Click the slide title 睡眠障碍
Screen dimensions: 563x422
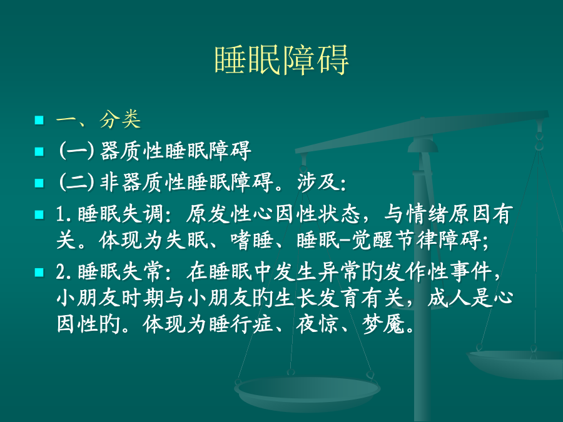(x=281, y=60)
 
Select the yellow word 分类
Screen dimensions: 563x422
(x=120, y=119)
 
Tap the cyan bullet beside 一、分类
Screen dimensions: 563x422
(x=39, y=119)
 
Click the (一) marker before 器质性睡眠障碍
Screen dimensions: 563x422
(x=76, y=150)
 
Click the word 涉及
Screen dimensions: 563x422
(x=318, y=182)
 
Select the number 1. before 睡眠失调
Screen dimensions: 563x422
(x=64, y=214)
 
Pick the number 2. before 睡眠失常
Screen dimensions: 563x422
(x=64, y=272)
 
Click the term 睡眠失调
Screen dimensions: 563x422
(x=121, y=214)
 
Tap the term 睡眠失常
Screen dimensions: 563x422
(x=121, y=272)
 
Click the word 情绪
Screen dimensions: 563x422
(x=427, y=214)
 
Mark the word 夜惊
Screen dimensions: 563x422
(x=317, y=324)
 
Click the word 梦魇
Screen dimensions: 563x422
(x=383, y=324)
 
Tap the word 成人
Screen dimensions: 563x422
(x=449, y=298)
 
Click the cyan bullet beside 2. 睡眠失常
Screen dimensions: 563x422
(x=39, y=273)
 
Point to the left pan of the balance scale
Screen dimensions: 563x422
(x=307, y=392)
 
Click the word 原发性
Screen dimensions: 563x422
(x=219, y=214)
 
